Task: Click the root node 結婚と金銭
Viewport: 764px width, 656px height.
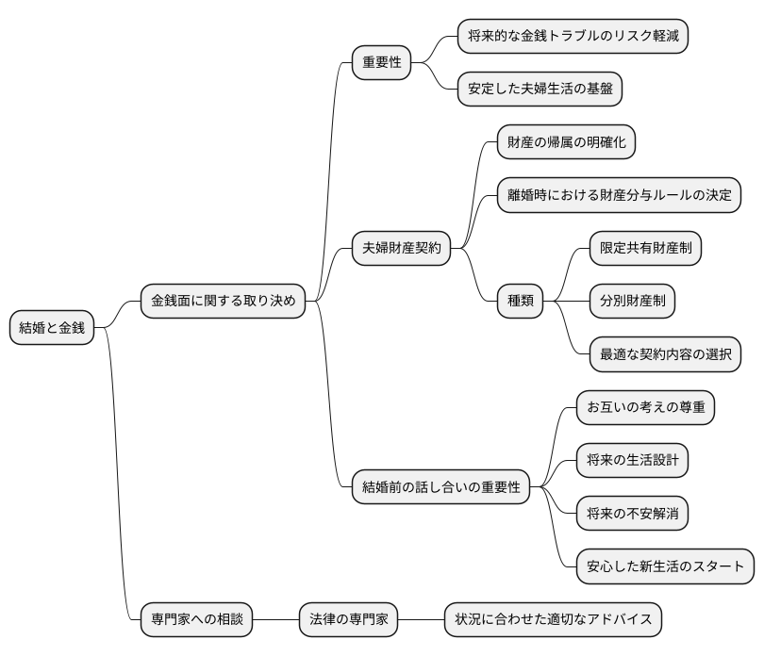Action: pos(53,328)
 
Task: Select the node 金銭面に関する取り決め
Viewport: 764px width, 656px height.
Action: pos(223,302)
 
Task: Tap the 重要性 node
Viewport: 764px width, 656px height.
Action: pos(381,63)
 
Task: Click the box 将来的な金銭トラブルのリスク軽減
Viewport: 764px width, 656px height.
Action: pos(572,37)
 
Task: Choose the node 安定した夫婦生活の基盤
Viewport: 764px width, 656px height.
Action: pos(540,90)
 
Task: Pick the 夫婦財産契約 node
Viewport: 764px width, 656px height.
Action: pos(401,249)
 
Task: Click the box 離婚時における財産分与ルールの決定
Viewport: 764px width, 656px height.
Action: pos(619,195)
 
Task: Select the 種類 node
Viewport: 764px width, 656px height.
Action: pos(521,302)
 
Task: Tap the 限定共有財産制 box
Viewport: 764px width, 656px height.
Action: pos(645,249)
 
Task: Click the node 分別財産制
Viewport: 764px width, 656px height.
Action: pos(632,302)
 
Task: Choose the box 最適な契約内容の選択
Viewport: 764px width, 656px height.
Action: pos(664,354)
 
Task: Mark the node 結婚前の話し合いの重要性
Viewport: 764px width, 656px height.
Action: pos(440,487)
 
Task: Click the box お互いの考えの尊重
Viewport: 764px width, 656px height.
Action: pos(645,408)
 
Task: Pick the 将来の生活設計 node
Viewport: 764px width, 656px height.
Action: pos(632,461)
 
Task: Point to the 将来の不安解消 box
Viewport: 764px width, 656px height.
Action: pos(632,514)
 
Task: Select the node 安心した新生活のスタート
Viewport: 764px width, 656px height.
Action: pos(665,566)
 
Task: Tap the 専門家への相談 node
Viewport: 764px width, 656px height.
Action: pos(196,620)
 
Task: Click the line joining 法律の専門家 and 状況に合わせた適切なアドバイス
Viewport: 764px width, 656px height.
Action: pos(422,620)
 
